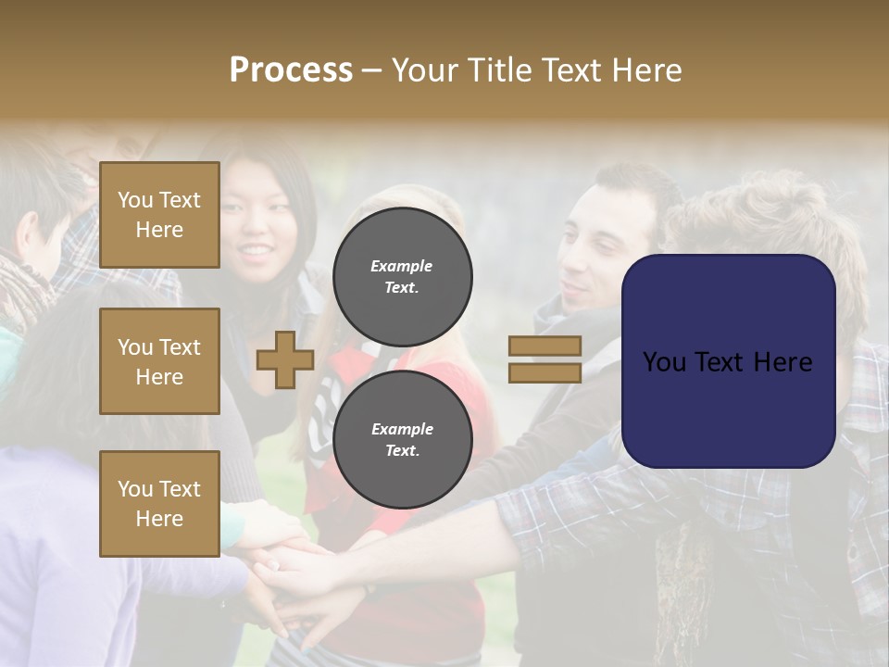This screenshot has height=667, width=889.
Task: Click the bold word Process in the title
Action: [x=291, y=70]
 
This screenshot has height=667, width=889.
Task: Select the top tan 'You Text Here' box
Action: [x=159, y=215]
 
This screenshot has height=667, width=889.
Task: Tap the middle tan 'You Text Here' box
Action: [x=159, y=361]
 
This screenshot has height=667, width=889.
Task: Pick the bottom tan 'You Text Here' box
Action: [x=159, y=504]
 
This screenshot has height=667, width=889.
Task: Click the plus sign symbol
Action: [x=285, y=359]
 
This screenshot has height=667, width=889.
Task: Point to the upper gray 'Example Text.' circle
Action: [x=402, y=277]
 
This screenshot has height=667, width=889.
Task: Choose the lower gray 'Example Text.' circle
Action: [x=402, y=439]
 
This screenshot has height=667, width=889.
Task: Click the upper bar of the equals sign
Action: [x=545, y=346]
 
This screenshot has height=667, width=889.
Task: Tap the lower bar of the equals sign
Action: [x=545, y=372]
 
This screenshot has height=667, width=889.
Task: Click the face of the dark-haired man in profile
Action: [x=597, y=250]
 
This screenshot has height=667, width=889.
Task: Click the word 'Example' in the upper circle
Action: [x=402, y=266]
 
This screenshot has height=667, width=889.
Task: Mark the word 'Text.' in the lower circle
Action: [x=402, y=451]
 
